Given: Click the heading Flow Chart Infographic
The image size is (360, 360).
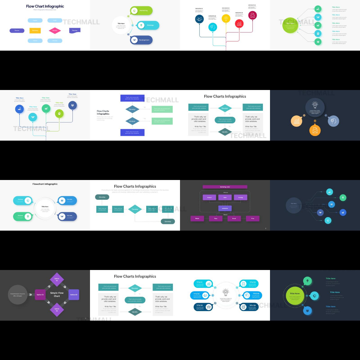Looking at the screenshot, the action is pyautogui.click(x=45, y=6).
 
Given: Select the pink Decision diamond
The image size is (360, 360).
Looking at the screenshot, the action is pyautogui.click(x=55, y=31).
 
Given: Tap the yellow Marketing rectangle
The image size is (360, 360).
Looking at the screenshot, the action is pyautogui.click(x=35, y=31).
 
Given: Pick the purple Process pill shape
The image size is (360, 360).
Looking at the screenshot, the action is pyautogui.click(x=17, y=31).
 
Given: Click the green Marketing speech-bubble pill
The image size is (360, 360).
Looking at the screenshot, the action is pyautogui.click(x=141, y=11).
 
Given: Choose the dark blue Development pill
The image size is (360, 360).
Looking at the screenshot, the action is pyautogui.click(x=141, y=40).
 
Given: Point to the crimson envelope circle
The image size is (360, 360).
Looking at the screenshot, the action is pyautogui.click(x=252, y=15).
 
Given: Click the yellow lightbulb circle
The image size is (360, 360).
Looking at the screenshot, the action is pyautogui.click(x=226, y=18).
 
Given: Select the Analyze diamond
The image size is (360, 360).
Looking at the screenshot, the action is pyautogui.click(x=133, y=121).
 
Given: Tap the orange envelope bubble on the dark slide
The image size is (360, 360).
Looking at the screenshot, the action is pyautogui.click(x=315, y=130).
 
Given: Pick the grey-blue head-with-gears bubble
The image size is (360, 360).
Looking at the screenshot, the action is pyautogui.click(x=333, y=121).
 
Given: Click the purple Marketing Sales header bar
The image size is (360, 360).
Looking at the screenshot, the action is pyautogui.click(x=225, y=187).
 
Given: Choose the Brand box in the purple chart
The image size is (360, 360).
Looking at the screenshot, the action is pyautogui.click(x=234, y=218).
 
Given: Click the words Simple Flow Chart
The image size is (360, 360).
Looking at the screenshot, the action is pyautogui.click(x=57, y=295).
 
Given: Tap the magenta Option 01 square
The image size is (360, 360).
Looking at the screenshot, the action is pyautogui.click(x=40, y=295).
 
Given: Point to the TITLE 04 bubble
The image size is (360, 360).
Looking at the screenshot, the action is pyautogui.click(x=249, y=283).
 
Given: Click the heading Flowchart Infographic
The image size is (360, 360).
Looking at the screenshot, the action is pyautogui.click(x=45, y=184).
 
